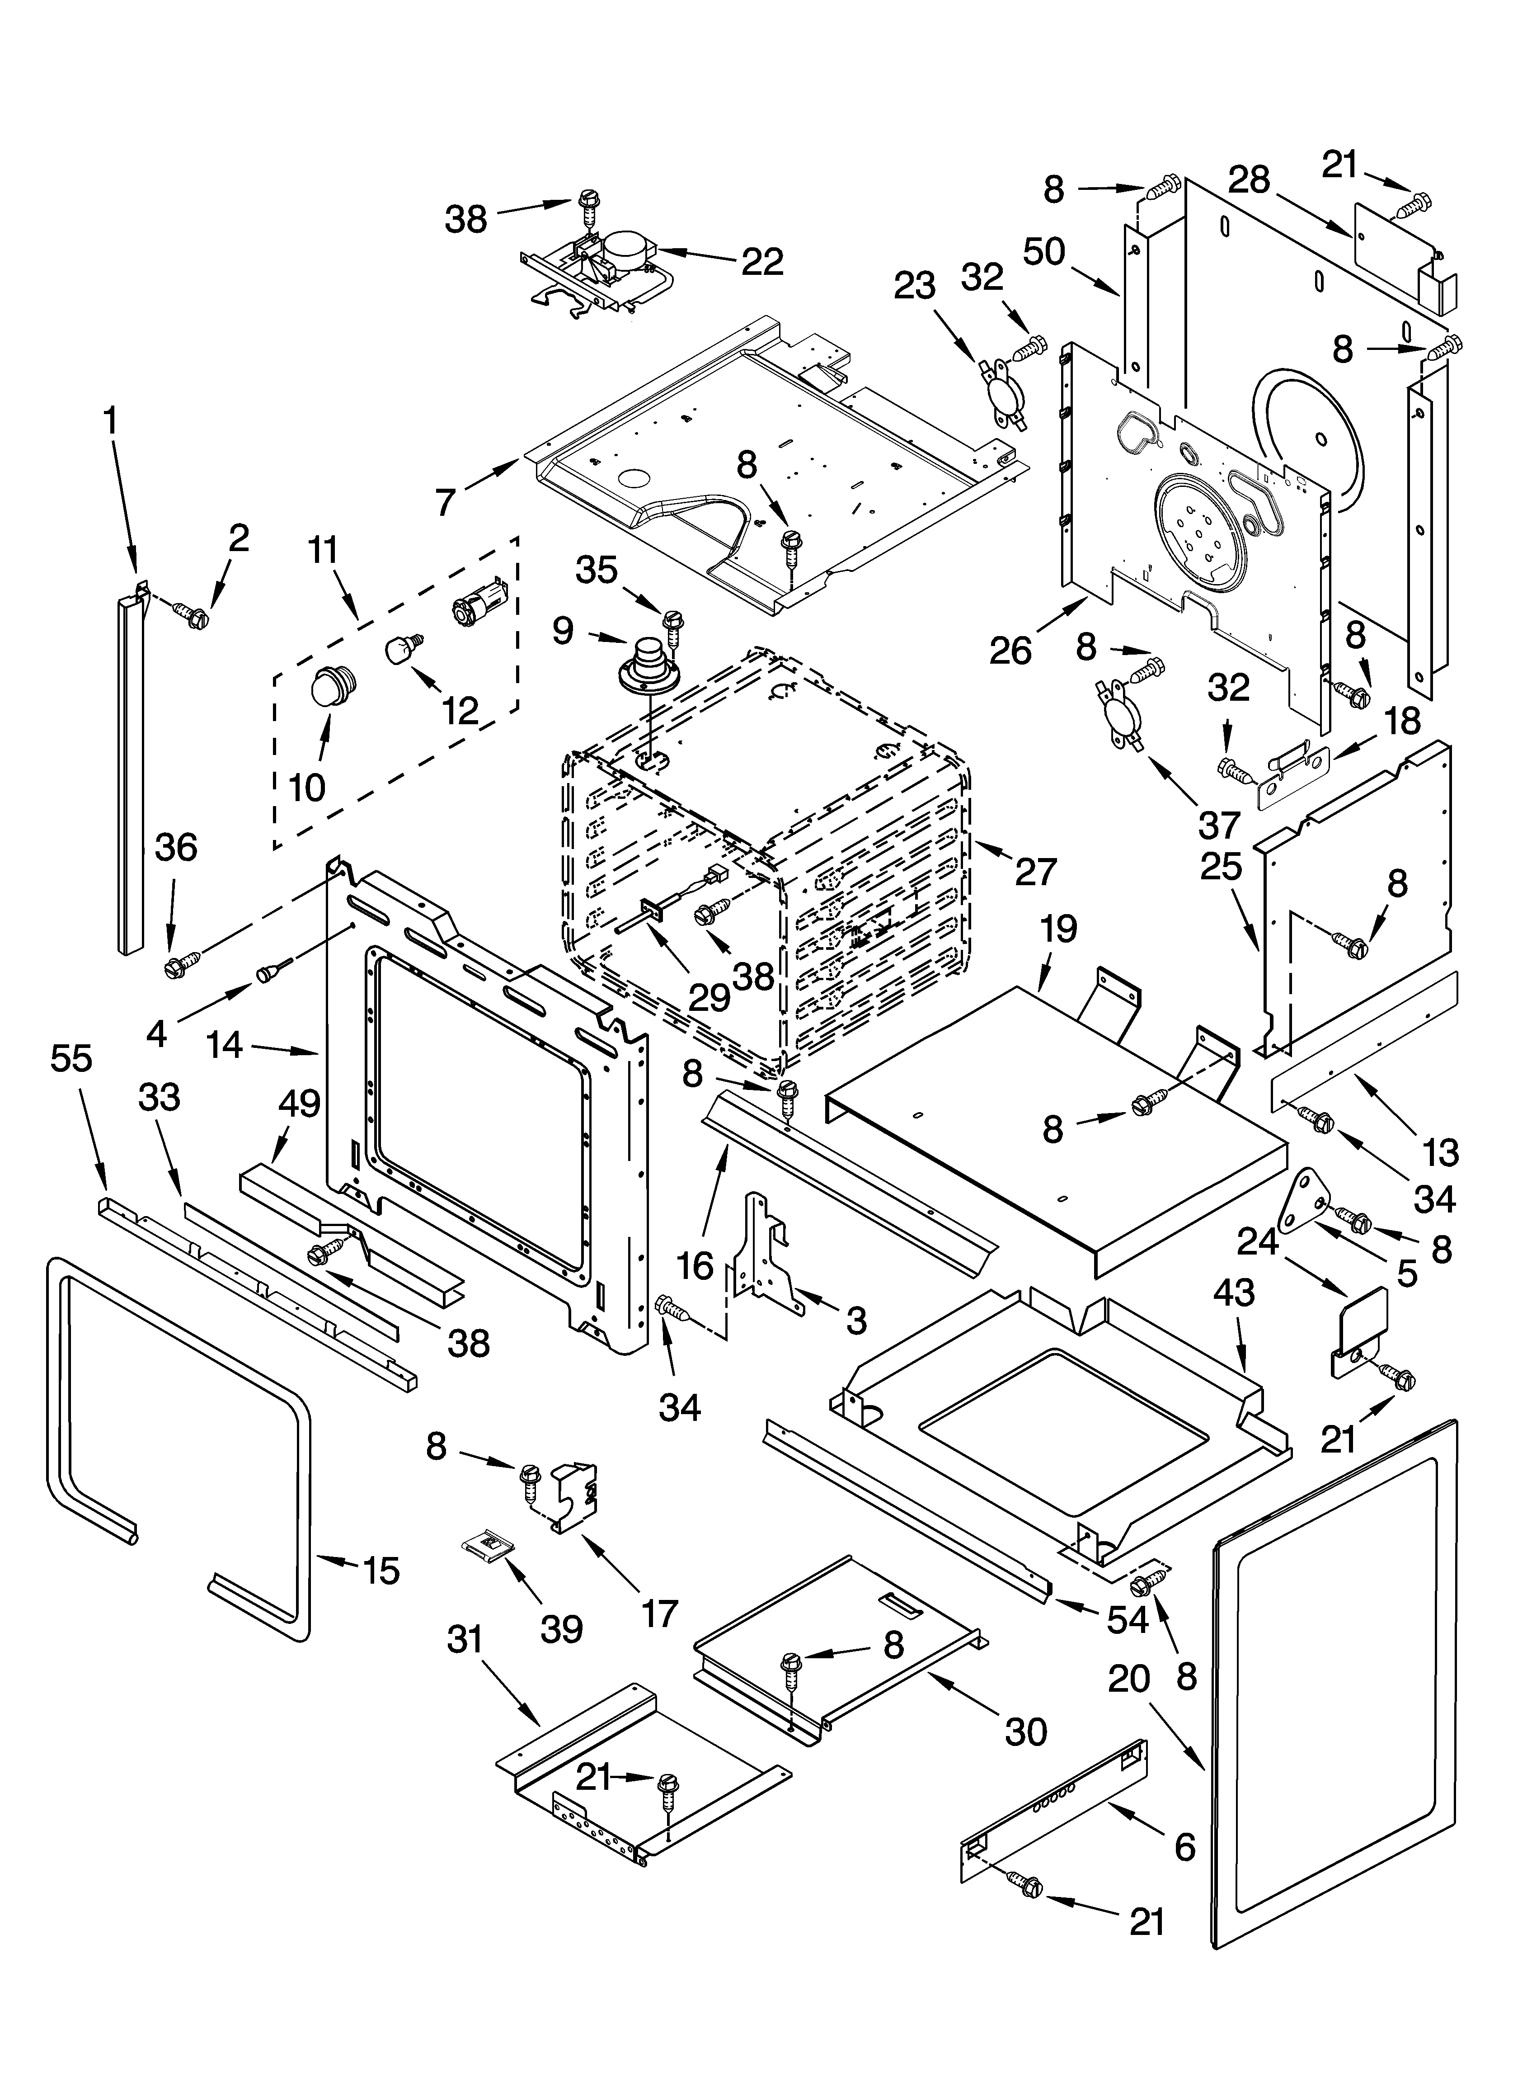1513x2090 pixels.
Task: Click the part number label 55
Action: [71, 1059]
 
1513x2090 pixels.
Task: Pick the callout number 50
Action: [1044, 251]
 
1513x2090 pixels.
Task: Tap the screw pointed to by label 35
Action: [673, 626]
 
